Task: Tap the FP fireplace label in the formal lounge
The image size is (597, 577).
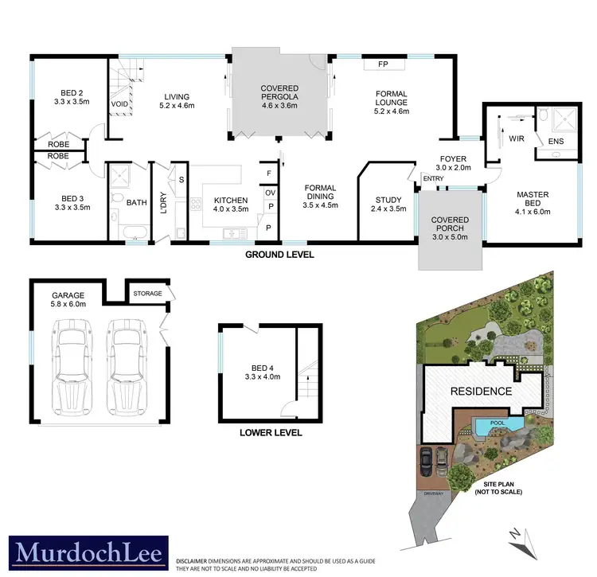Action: (383, 64)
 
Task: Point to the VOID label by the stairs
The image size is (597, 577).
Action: (120, 104)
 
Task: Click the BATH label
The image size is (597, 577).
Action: (137, 203)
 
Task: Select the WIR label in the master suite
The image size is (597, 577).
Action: (518, 138)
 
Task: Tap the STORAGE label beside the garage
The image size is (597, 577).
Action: (148, 294)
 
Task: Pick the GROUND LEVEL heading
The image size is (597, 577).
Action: (279, 255)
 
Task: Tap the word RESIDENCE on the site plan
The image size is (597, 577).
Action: (481, 391)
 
